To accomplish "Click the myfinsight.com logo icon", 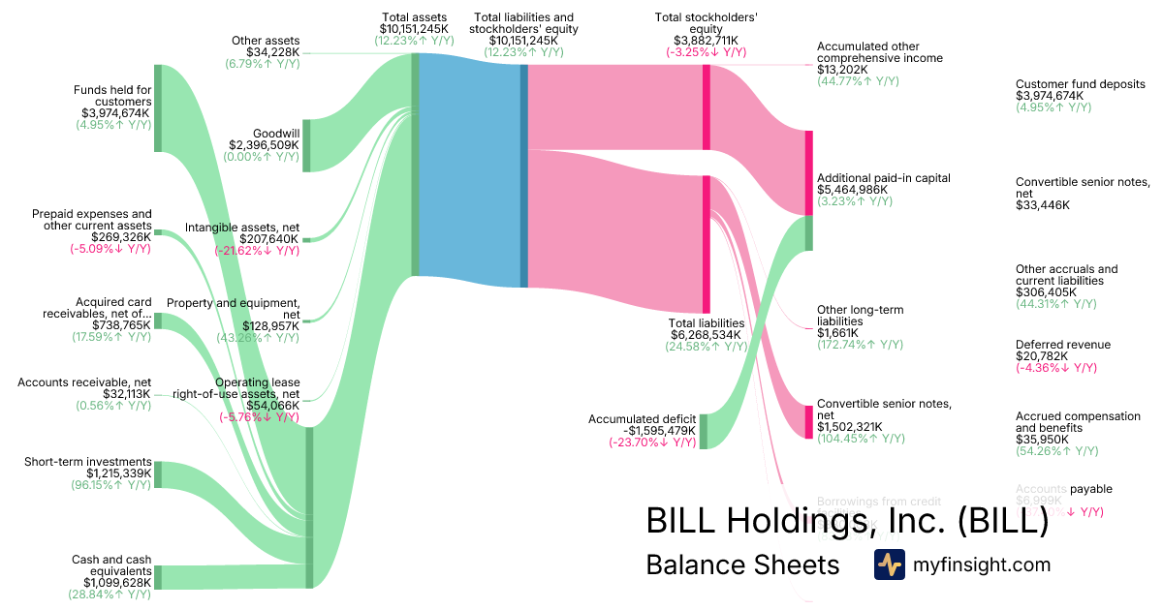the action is pos(889,564).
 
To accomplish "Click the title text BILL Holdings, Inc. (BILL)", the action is pos(847,521).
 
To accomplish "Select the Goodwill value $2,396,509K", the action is pos(263,145).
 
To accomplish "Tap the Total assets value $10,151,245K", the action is pos(414,29).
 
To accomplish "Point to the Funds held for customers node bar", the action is pos(158,108).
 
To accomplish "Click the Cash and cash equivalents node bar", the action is pos(158,577).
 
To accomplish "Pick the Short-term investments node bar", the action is pos(158,474).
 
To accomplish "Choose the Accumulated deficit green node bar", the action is pos(704,431).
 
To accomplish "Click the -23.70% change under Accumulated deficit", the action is pos(652,442).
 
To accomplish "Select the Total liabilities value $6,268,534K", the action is pos(707,335).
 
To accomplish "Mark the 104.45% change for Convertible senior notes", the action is pos(861,439).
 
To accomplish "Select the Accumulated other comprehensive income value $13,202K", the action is pos(842,70).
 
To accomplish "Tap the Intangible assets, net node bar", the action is pos(306,239).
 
